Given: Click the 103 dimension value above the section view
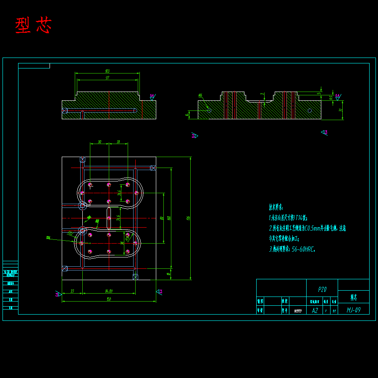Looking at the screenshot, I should click(107, 71).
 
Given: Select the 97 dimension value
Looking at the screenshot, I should click(107, 78).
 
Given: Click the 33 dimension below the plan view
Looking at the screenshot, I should click(72, 291).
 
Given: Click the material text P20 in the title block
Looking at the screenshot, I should click(322, 289).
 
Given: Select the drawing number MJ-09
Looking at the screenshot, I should click(353, 310).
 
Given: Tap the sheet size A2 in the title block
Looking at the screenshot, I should click(315, 310).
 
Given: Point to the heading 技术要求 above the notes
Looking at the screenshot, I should click(276, 207).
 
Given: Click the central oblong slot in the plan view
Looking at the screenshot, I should click(109, 218).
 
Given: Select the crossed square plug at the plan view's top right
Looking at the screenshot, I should click(153, 168).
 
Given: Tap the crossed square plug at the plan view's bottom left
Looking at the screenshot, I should click(64, 268).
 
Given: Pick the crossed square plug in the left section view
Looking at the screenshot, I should click(64, 110).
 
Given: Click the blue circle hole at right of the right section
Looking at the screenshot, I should click(310, 110).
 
